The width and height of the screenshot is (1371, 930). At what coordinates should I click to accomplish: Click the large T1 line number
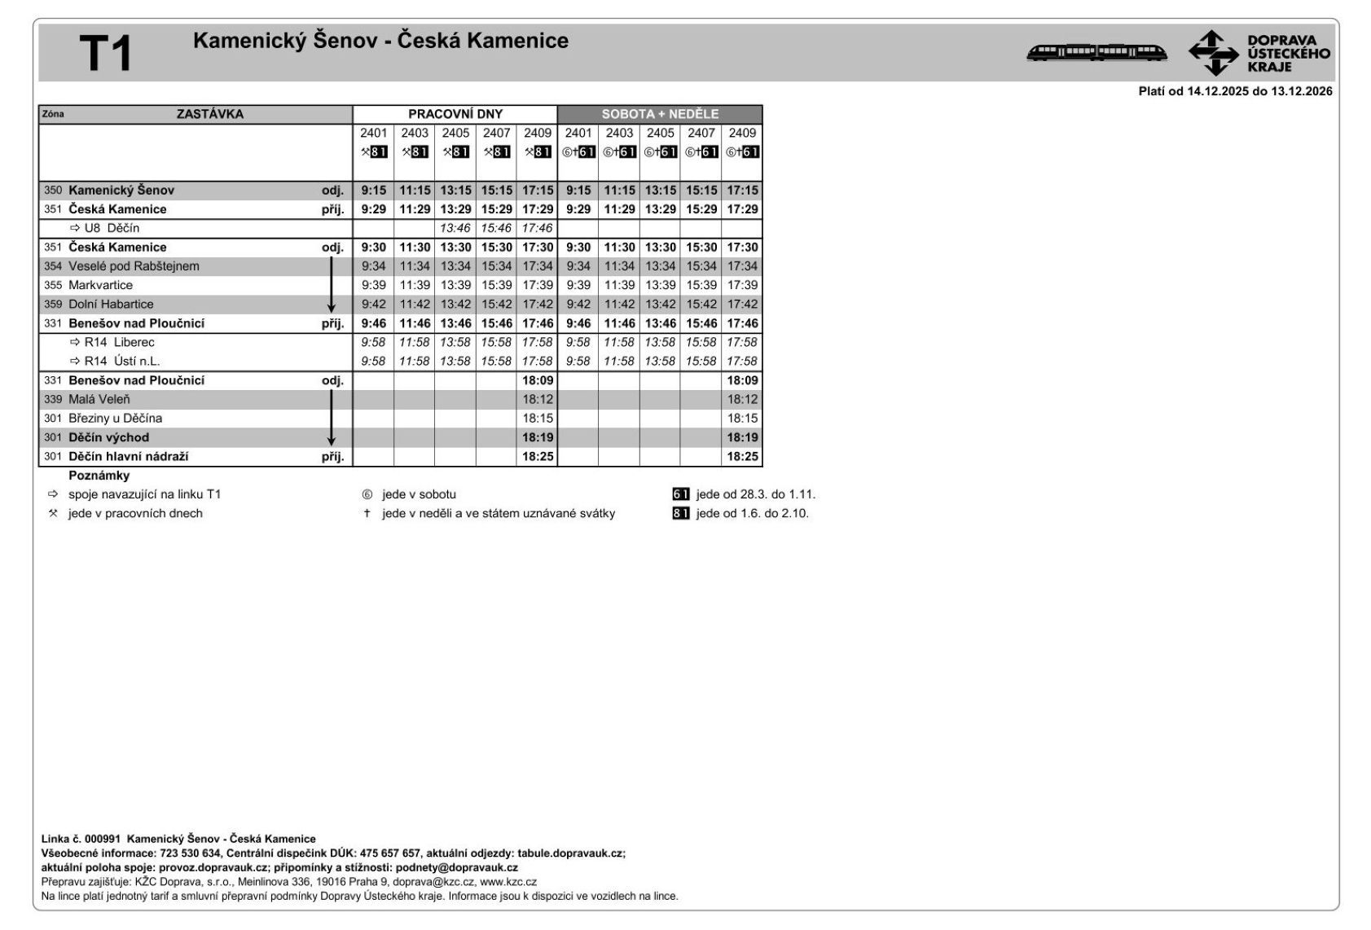(106, 54)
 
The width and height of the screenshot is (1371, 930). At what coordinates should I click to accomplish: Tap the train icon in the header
(1096, 53)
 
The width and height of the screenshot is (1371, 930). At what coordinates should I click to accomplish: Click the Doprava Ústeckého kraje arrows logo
(1213, 53)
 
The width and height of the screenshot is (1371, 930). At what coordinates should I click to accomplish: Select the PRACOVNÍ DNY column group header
(455, 114)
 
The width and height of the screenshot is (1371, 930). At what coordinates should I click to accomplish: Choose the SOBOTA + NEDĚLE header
(660, 114)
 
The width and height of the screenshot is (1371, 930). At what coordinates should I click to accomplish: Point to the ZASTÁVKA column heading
(209, 114)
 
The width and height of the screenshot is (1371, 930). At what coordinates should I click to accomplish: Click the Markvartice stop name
(100, 285)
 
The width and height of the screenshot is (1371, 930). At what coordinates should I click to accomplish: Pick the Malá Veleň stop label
(99, 399)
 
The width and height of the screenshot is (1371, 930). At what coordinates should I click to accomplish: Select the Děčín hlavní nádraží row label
(128, 456)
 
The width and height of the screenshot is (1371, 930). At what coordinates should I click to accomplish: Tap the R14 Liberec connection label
(119, 342)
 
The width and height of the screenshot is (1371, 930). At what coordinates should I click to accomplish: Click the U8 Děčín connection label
(112, 228)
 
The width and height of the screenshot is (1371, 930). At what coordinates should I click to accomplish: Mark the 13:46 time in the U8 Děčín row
(455, 228)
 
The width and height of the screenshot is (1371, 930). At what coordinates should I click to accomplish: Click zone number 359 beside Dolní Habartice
(53, 304)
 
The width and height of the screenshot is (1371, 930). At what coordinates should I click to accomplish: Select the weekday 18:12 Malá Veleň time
(538, 399)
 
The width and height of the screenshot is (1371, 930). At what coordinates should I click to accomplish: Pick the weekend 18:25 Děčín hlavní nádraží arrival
(742, 456)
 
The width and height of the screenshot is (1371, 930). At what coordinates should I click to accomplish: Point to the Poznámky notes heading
(99, 476)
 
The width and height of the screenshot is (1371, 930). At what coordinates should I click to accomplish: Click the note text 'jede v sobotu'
(419, 494)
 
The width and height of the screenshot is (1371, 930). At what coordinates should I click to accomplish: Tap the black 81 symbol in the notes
(681, 513)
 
